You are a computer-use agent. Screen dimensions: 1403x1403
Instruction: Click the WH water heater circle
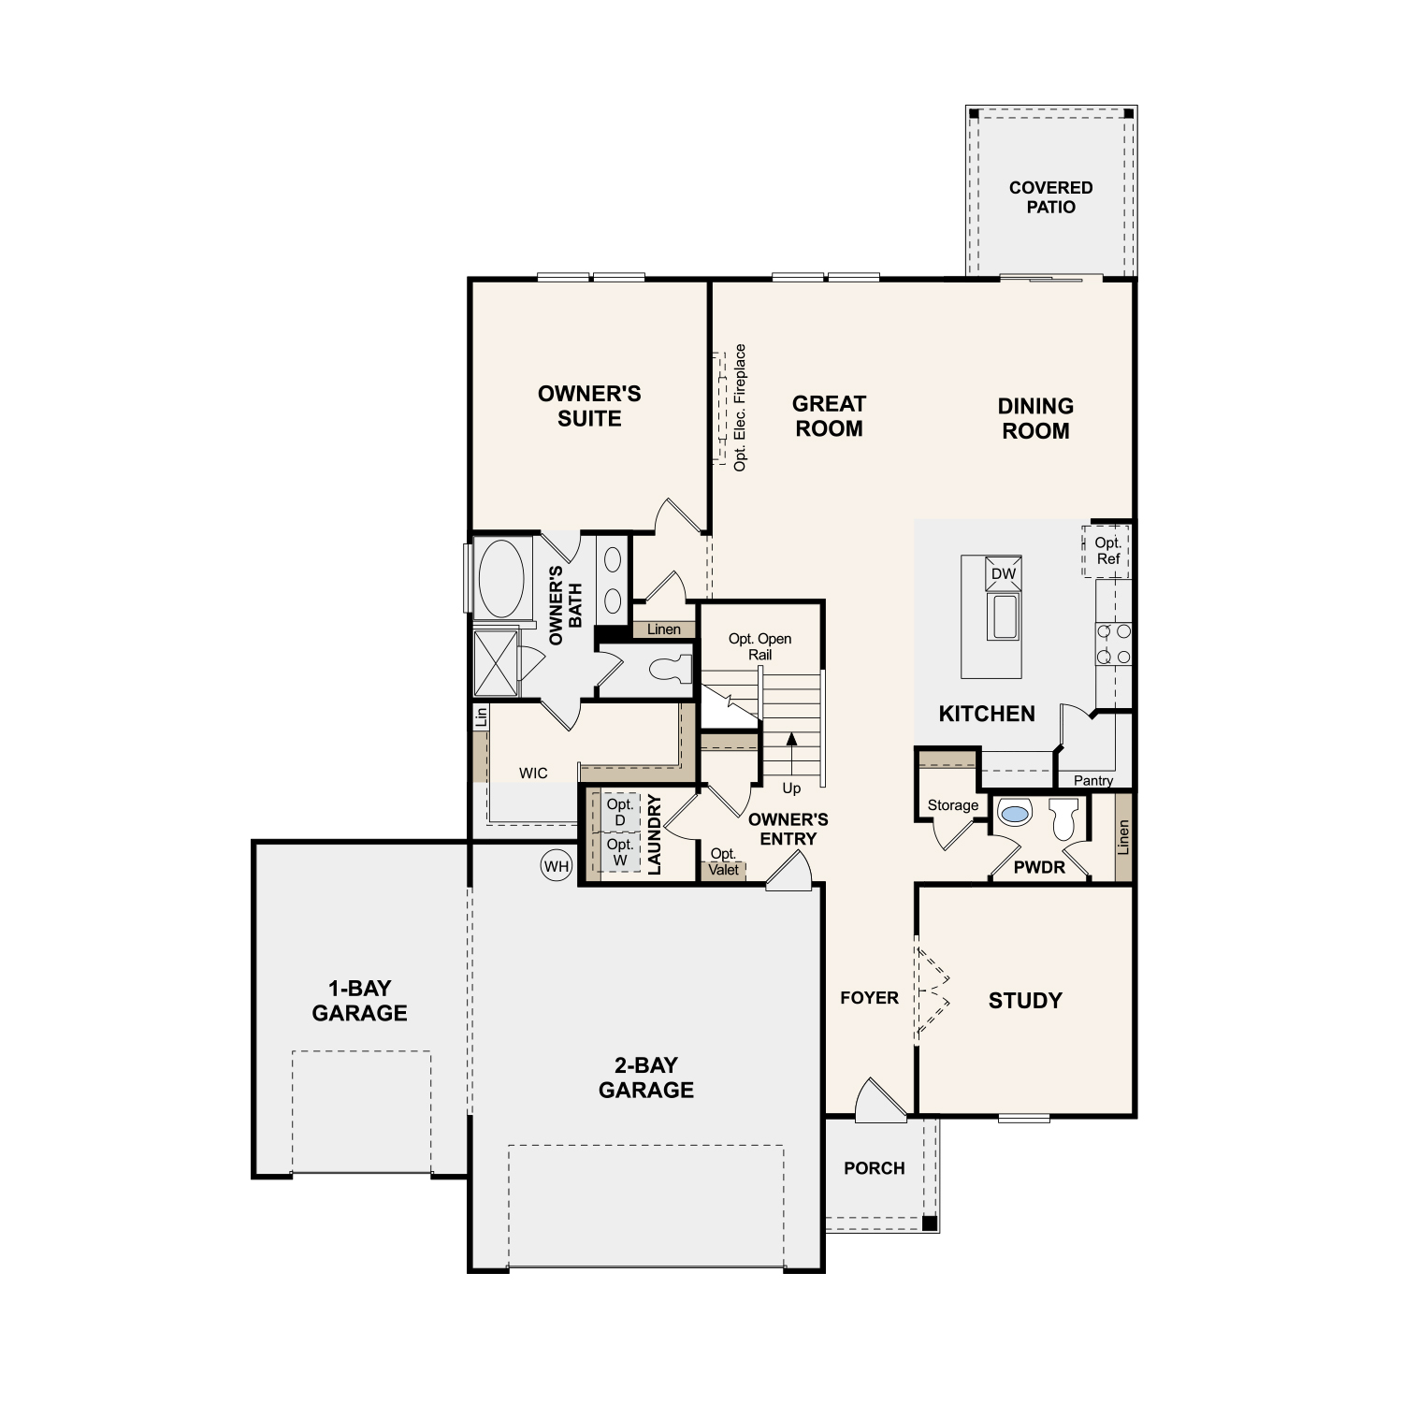tap(557, 866)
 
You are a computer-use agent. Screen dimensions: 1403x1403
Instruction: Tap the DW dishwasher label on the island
tap(1003, 573)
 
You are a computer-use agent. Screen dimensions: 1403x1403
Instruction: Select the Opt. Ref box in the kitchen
tap(1107, 551)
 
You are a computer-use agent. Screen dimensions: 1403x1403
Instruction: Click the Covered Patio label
tap(1050, 197)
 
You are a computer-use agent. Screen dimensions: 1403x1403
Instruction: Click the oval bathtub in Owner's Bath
tap(501, 578)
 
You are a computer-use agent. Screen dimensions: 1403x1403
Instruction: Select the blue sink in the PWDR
tap(1014, 813)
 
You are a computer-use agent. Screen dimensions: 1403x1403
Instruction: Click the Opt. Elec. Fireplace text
tap(740, 408)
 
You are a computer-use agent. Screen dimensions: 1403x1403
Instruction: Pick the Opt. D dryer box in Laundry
tap(619, 812)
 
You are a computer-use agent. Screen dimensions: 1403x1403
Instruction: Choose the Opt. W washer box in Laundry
tap(619, 852)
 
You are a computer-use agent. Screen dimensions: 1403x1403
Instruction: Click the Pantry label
tap(1092, 780)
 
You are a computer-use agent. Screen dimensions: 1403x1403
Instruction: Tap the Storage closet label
tap(952, 805)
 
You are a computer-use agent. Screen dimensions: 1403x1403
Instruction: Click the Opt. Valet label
tap(723, 862)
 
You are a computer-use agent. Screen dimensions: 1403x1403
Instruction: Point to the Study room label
tap(1025, 1001)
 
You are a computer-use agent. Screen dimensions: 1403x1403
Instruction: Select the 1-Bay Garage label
tap(359, 1001)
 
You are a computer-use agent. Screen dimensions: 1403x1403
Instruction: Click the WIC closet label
tap(533, 774)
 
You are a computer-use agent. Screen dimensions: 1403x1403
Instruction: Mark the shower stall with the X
tap(495, 663)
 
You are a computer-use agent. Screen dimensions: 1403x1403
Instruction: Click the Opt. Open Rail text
tap(759, 646)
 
